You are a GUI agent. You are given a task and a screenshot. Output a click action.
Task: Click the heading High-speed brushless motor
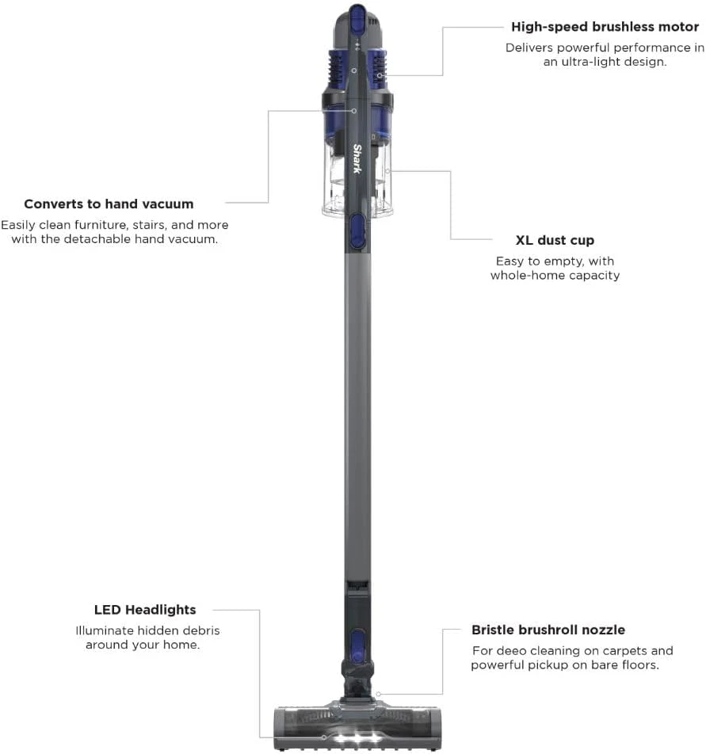[605, 27]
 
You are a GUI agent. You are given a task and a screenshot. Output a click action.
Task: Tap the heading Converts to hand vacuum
[109, 204]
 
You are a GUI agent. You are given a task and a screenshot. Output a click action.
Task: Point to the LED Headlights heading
[145, 610]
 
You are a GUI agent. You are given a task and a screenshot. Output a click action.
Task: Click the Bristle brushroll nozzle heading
[548, 630]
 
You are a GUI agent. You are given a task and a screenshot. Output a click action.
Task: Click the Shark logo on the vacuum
[357, 158]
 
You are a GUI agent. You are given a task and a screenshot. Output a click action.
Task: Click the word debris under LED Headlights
[200, 631]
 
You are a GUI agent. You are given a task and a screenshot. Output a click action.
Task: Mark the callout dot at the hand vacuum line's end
[353, 111]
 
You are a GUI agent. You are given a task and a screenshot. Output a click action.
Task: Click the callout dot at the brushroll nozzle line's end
[379, 694]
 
